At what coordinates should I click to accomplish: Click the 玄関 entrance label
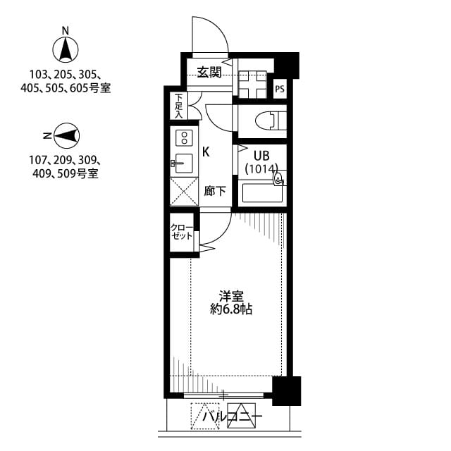click(x=209, y=71)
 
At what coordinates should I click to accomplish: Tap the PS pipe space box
click(x=280, y=89)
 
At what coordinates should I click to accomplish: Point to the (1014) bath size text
click(x=261, y=169)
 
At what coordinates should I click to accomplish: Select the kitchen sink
click(x=183, y=162)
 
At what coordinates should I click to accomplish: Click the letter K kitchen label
click(x=206, y=151)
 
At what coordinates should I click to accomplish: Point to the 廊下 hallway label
click(x=214, y=191)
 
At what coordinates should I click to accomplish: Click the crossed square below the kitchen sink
click(x=184, y=191)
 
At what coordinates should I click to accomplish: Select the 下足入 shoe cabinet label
click(x=179, y=106)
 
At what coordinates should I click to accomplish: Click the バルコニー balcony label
click(x=232, y=417)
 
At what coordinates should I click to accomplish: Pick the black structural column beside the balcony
click(x=286, y=390)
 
